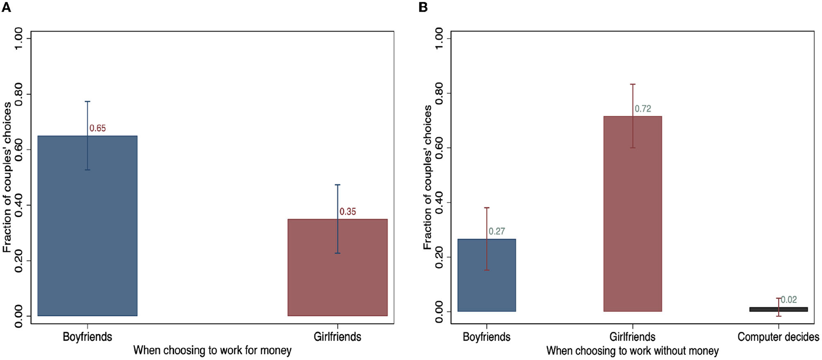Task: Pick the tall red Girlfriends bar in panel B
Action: (632, 213)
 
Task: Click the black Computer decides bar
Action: (778, 309)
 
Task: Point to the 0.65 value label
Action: (97, 129)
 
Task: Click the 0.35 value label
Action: (347, 212)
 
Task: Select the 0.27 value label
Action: (496, 231)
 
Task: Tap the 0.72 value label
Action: (642, 109)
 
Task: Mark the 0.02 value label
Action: (789, 300)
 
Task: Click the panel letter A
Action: (6, 7)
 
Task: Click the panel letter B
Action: (423, 7)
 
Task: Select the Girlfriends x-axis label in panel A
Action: (337, 337)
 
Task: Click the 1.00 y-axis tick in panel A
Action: (19, 39)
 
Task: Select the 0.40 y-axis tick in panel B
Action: (439, 203)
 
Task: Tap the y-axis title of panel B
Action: (427, 177)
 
